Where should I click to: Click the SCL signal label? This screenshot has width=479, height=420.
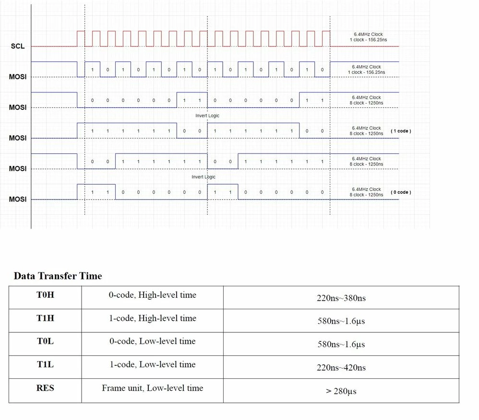pyautogui.click(x=18, y=46)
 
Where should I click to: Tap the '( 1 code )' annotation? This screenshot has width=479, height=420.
pyautogui.click(x=401, y=131)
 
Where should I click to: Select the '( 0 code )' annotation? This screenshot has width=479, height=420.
pyautogui.click(x=401, y=192)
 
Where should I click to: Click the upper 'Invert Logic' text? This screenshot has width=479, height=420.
pyautogui.click(x=207, y=116)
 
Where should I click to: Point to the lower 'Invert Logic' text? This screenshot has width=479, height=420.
pyautogui.click(x=204, y=177)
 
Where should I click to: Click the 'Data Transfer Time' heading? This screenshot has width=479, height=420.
pyautogui.click(x=58, y=276)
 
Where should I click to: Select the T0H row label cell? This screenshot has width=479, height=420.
pyautogui.click(x=45, y=298)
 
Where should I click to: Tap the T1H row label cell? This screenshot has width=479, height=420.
pyautogui.click(x=45, y=321)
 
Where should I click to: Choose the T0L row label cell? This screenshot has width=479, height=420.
pyautogui.click(x=45, y=344)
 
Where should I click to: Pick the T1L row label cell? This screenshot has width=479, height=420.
pyautogui.click(x=45, y=367)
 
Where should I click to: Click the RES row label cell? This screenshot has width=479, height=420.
pyautogui.click(x=45, y=391)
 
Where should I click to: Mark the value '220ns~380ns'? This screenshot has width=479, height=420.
pyautogui.click(x=341, y=298)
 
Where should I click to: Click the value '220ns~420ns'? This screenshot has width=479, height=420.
pyautogui.click(x=341, y=367)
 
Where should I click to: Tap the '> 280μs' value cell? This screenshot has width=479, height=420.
pyautogui.click(x=341, y=391)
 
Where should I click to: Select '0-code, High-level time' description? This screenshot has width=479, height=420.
pyautogui.click(x=153, y=295)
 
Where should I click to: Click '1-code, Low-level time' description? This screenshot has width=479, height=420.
pyautogui.click(x=153, y=364)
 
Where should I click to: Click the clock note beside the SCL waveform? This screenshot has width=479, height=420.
pyautogui.click(x=369, y=37)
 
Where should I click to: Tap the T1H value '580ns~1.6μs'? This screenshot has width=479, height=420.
pyautogui.click(x=341, y=321)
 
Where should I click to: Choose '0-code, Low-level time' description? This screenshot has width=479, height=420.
pyautogui.click(x=153, y=341)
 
